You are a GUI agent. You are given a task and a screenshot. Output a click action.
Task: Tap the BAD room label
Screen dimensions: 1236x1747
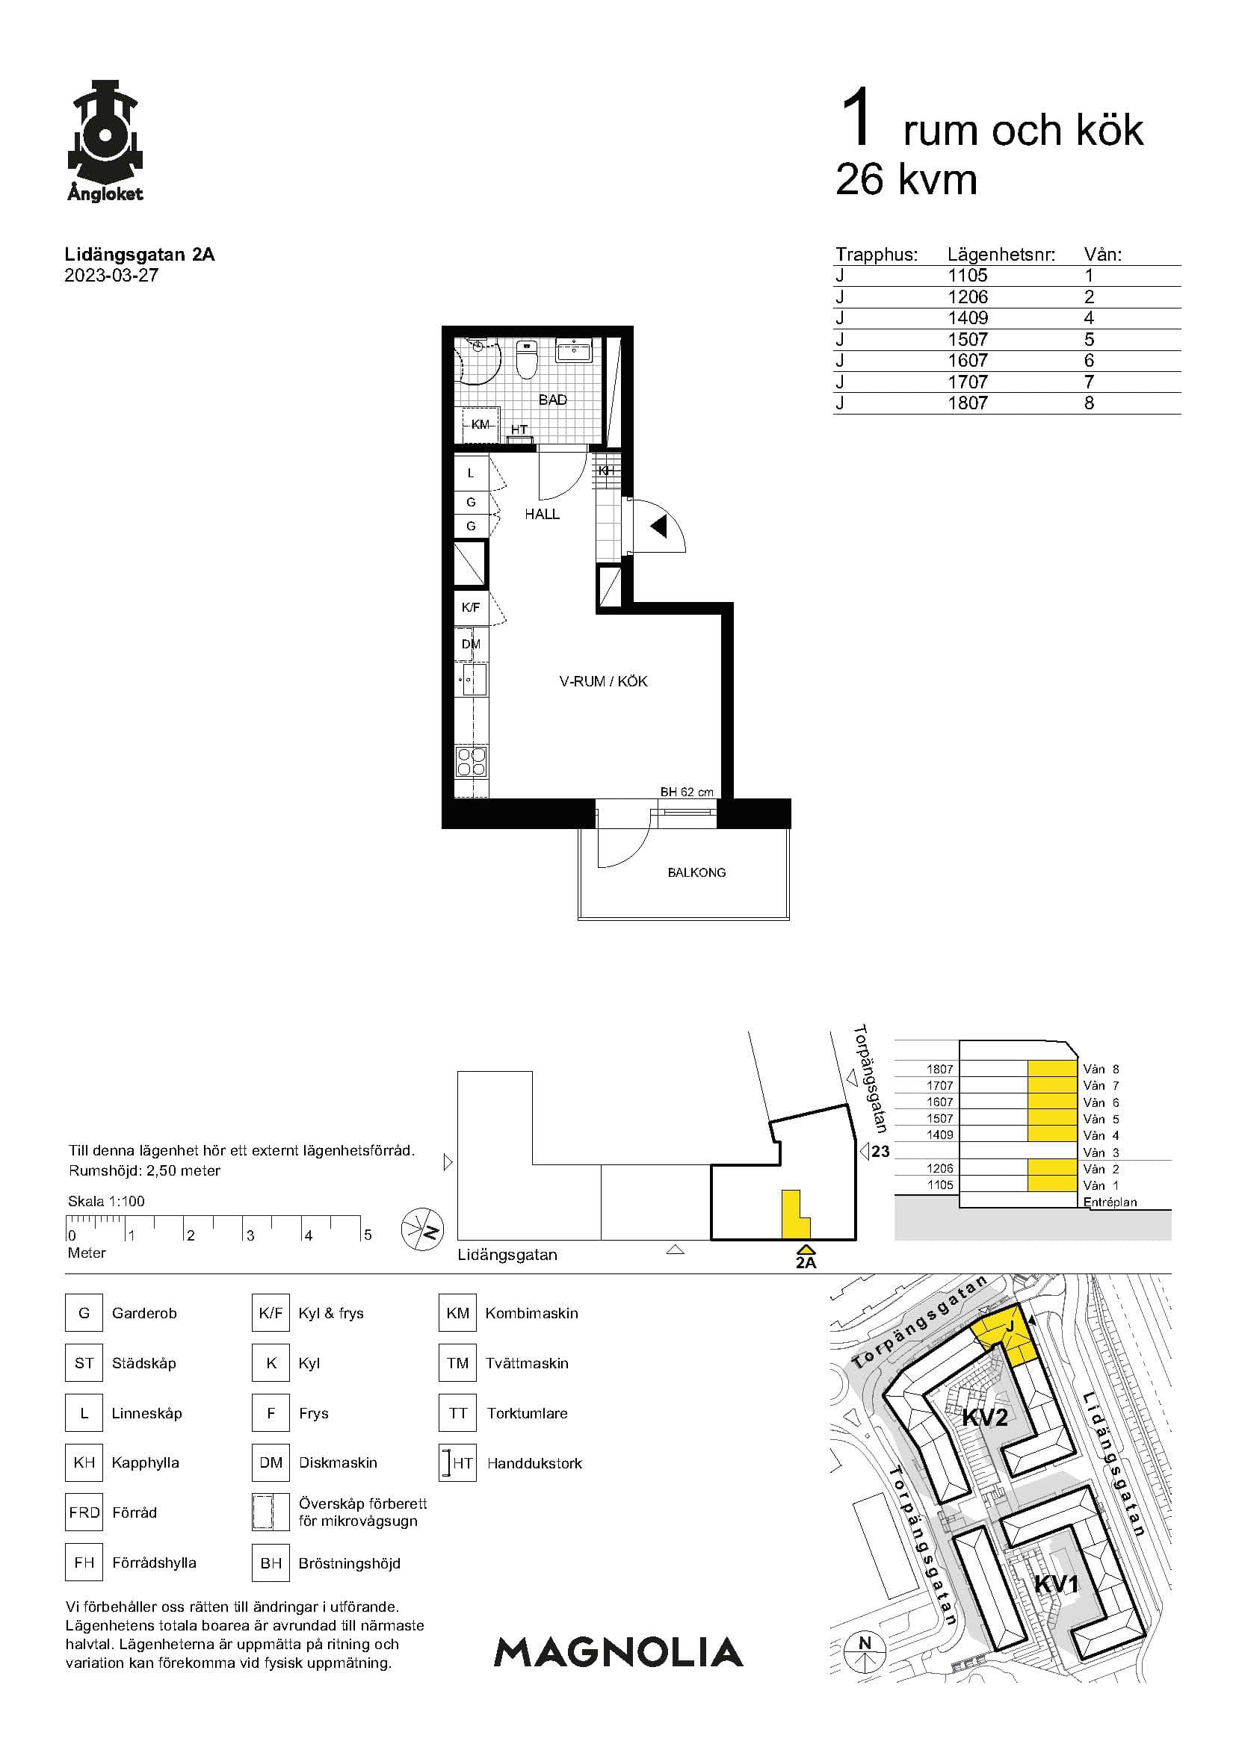coord(552,400)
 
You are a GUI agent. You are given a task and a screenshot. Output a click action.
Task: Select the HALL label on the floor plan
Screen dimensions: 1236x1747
coord(542,515)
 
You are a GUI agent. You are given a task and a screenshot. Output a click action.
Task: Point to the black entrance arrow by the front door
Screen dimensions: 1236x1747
coord(659,525)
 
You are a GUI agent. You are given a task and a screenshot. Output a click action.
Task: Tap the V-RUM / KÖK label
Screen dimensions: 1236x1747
coord(604,682)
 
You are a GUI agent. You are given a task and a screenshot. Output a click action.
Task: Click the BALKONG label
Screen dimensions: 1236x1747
coord(696,872)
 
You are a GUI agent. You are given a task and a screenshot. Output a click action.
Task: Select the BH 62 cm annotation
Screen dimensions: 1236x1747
coord(687,792)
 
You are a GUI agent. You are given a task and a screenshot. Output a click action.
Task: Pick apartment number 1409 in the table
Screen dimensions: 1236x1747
coord(967,317)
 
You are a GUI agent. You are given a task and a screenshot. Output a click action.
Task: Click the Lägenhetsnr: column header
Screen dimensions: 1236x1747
coord(1001,254)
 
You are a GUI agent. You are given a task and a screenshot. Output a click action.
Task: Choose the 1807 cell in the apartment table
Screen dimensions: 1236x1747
coord(967,403)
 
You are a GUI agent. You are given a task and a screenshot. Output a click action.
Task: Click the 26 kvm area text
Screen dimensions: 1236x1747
coord(906,180)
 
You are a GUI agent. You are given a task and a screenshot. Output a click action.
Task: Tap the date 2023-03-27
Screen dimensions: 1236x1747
coord(111,276)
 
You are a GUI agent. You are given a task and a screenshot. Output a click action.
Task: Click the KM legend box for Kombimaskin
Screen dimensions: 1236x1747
coord(457,1312)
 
